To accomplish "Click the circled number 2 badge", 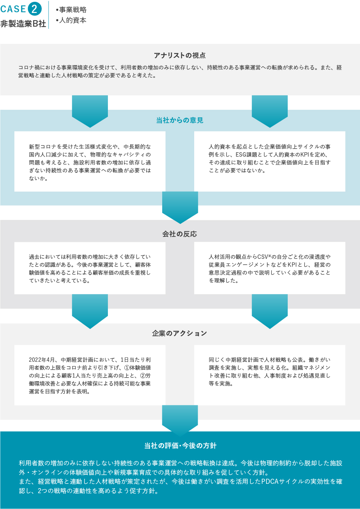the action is [x=35, y=9].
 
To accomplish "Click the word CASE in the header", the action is [x=13, y=9].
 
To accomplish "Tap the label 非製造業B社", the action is [x=23, y=24].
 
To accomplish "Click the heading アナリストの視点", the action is [x=180, y=55].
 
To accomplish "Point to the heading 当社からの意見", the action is [x=180, y=120].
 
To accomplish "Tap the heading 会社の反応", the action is [x=179, y=234].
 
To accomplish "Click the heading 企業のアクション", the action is [x=179, y=333].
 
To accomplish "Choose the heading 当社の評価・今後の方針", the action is [x=180, y=446].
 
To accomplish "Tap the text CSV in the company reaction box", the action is [x=263, y=257].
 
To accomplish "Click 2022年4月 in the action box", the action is [x=42, y=360].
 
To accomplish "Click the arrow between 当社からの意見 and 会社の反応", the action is [x=180, y=207].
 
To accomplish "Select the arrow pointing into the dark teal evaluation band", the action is [x=180, y=420].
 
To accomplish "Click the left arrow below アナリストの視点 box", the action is [x=90, y=111].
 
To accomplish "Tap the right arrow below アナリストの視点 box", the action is [x=270, y=111].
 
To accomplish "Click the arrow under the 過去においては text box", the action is [x=90, y=311].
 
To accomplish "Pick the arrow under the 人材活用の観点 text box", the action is [x=270, y=311].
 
